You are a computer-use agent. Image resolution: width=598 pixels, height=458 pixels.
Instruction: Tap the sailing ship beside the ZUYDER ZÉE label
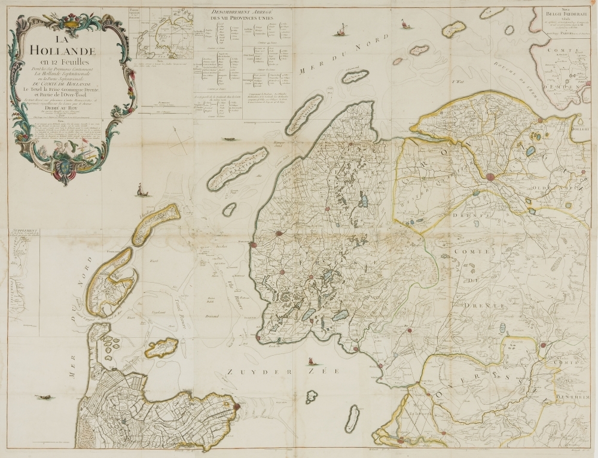(x=311, y=361)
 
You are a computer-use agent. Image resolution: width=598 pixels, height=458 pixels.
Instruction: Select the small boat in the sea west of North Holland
(x=43, y=396)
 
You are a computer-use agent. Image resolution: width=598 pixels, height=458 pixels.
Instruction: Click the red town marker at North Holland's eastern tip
(x=237, y=407)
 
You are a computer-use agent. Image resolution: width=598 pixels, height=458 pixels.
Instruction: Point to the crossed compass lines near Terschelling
(x=179, y=141)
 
